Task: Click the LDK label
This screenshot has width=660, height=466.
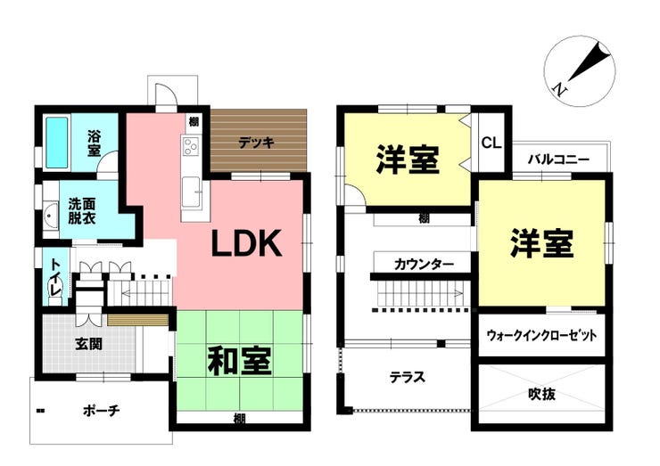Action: tap(246, 243)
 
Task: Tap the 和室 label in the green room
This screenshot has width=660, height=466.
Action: tap(240, 361)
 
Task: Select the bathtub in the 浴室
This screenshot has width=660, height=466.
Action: tap(57, 143)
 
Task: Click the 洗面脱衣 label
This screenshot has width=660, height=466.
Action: tap(82, 211)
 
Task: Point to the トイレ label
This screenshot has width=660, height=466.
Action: tap(56, 277)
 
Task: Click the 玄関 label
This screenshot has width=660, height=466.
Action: tap(89, 344)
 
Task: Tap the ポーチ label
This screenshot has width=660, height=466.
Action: tap(102, 410)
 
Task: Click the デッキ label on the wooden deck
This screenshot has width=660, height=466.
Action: tap(256, 143)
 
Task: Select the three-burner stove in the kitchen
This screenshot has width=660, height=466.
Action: tap(191, 146)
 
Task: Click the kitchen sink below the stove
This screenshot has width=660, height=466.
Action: tap(191, 192)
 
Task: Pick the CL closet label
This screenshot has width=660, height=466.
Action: tap(491, 143)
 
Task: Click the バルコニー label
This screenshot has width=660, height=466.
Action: tap(559, 159)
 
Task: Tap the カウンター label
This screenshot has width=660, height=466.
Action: tap(424, 265)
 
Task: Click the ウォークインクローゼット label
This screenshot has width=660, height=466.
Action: tap(541, 336)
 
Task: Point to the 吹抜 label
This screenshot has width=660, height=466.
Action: tap(541, 394)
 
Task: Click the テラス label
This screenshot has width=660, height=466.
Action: tap(407, 377)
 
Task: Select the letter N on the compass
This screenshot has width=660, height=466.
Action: tap(559, 89)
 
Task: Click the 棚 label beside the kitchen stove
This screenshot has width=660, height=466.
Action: tap(194, 122)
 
